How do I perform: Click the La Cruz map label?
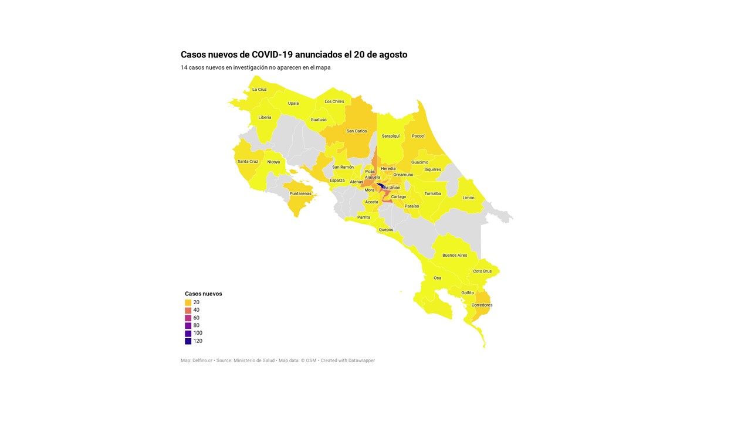(259, 90)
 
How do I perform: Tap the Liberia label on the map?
(265, 117)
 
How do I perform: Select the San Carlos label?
(357, 131)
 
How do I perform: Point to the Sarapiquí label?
(391, 136)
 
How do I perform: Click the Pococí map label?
(418, 136)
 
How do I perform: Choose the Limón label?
(468, 198)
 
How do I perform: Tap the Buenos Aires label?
(455, 256)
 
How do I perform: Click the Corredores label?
(482, 305)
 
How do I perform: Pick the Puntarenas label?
(300, 194)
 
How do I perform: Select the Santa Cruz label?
(248, 162)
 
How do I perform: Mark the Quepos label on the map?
(386, 230)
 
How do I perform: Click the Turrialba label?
(433, 193)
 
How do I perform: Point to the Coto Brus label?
(482, 271)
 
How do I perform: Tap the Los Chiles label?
(334, 101)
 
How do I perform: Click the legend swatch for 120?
(188, 341)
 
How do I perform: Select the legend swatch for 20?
(188, 302)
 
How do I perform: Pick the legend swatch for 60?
(188, 318)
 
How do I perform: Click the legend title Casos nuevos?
(203, 294)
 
